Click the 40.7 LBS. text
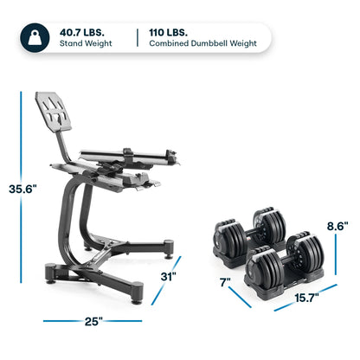(83, 31)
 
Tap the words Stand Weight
(90, 46)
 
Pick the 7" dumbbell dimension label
(227, 283)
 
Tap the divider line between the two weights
(138, 38)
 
